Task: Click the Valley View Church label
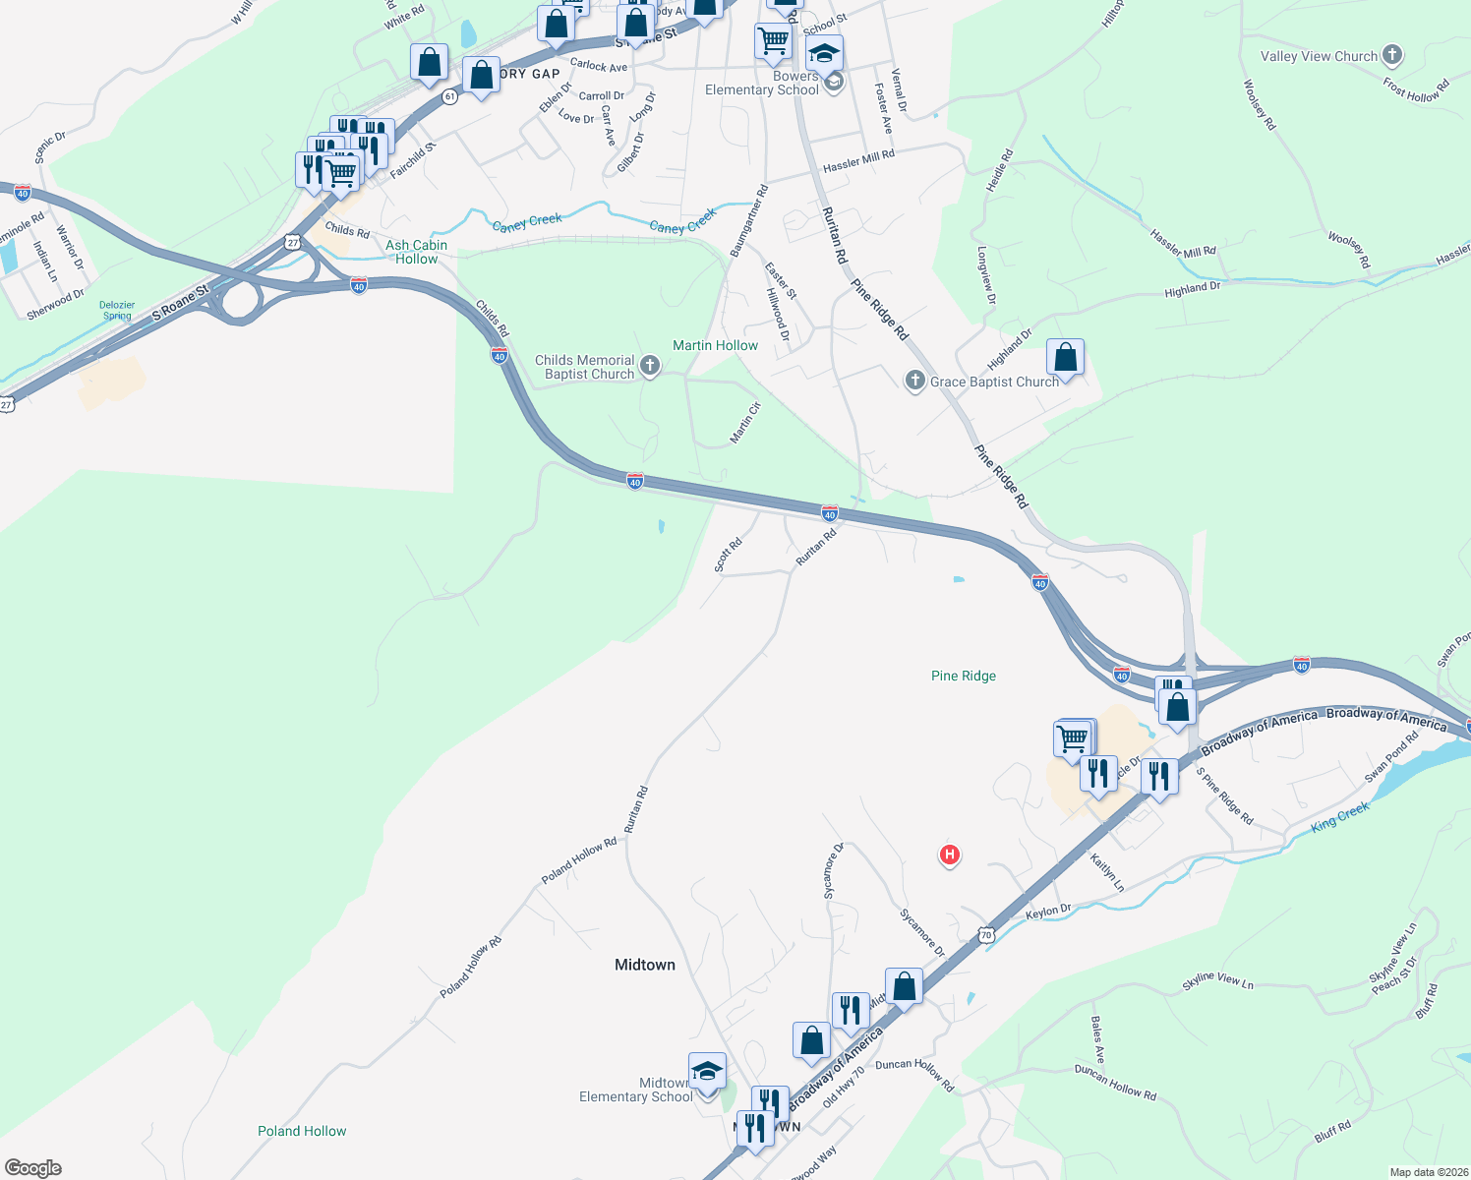click(1319, 57)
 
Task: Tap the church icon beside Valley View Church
click(1391, 55)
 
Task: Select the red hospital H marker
click(949, 855)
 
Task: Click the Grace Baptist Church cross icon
click(914, 381)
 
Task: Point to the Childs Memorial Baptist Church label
click(585, 367)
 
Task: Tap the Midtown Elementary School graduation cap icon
click(707, 1072)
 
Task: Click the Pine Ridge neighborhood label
click(963, 676)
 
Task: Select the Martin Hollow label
click(715, 345)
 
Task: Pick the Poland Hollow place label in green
click(302, 1131)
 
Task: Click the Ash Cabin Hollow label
click(416, 252)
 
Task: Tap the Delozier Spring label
click(117, 311)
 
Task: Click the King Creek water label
click(1339, 817)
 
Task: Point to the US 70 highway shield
click(986, 935)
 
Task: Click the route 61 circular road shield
click(449, 96)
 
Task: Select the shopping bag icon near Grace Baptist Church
click(1065, 358)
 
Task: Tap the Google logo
click(33, 1167)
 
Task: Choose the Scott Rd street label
click(728, 555)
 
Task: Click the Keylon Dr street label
click(1048, 912)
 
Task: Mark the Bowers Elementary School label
click(762, 83)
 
